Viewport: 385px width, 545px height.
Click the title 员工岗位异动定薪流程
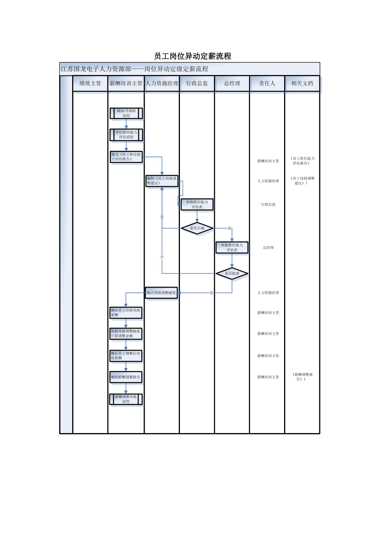coord(192,56)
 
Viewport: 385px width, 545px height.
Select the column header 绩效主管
coord(90,84)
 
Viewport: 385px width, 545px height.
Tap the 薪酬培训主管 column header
coord(126,84)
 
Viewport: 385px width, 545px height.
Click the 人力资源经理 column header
coord(162,84)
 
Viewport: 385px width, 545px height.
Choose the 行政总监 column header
coord(197,84)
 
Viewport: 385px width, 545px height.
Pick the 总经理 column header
coord(232,84)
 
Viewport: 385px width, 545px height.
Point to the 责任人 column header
coord(267,84)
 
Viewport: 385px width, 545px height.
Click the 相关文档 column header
coord(302,84)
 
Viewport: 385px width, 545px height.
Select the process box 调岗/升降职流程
coord(126,113)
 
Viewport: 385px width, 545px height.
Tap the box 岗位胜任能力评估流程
coord(126,135)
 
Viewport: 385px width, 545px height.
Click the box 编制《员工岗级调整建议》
coord(162,181)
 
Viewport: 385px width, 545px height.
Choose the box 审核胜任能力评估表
coord(197,204)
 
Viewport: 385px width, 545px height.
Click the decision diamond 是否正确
coord(197,228)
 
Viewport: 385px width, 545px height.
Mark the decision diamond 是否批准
coord(232,274)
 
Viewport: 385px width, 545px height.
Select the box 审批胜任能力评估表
coord(232,247)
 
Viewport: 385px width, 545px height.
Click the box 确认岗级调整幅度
coord(161,293)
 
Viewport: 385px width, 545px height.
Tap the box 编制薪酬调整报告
coord(126,377)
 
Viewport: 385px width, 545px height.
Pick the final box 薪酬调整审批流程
coord(126,399)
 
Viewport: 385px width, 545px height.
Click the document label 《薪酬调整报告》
coord(302,377)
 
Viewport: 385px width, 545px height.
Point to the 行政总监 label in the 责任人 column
coord(268,204)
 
